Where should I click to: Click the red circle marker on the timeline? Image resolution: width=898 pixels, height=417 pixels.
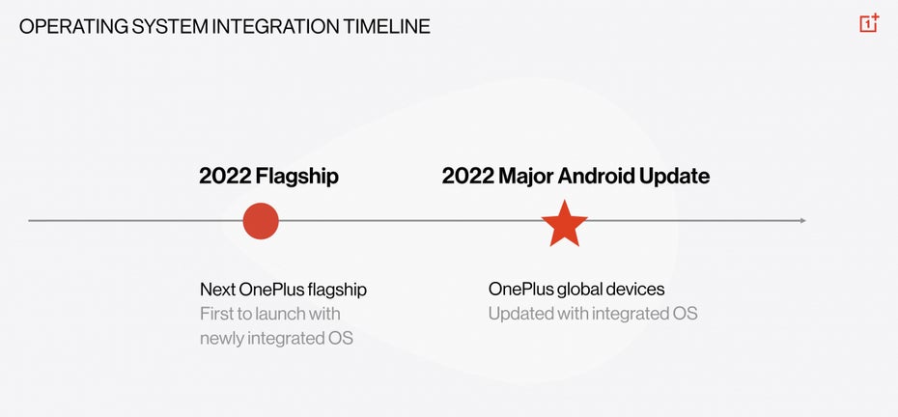coord(261,220)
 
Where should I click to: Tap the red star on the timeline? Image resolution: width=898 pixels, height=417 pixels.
coord(564,224)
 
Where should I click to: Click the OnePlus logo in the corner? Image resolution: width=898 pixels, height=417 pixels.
coord(869,23)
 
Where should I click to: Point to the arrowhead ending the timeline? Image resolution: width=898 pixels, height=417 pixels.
coord(803,220)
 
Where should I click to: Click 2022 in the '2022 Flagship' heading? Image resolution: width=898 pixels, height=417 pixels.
coord(224,176)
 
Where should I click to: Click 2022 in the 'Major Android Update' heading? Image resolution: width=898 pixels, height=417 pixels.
coord(467,176)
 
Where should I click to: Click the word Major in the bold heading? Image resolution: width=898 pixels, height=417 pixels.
coord(524,177)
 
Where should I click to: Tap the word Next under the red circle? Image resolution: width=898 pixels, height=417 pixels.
coord(217,290)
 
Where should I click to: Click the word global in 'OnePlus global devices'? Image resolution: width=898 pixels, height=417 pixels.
coord(578,290)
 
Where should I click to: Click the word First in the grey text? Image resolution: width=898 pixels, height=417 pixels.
coord(214,314)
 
